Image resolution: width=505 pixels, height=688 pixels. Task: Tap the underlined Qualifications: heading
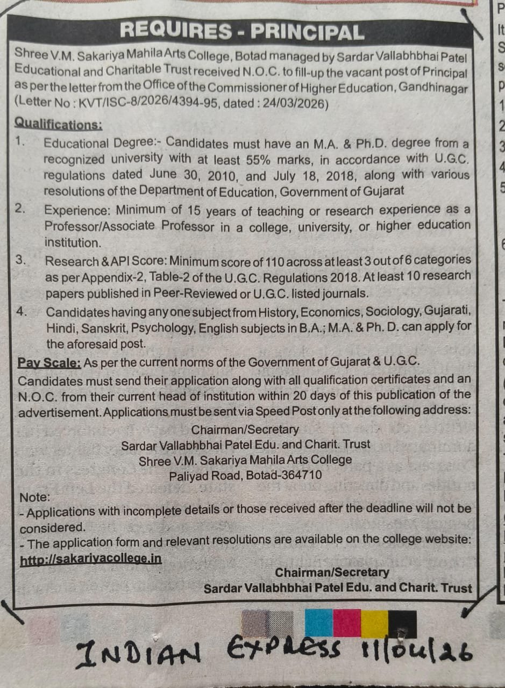(58, 124)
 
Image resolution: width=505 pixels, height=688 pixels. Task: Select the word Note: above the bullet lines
(34, 497)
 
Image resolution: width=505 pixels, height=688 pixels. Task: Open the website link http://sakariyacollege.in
(90, 559)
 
